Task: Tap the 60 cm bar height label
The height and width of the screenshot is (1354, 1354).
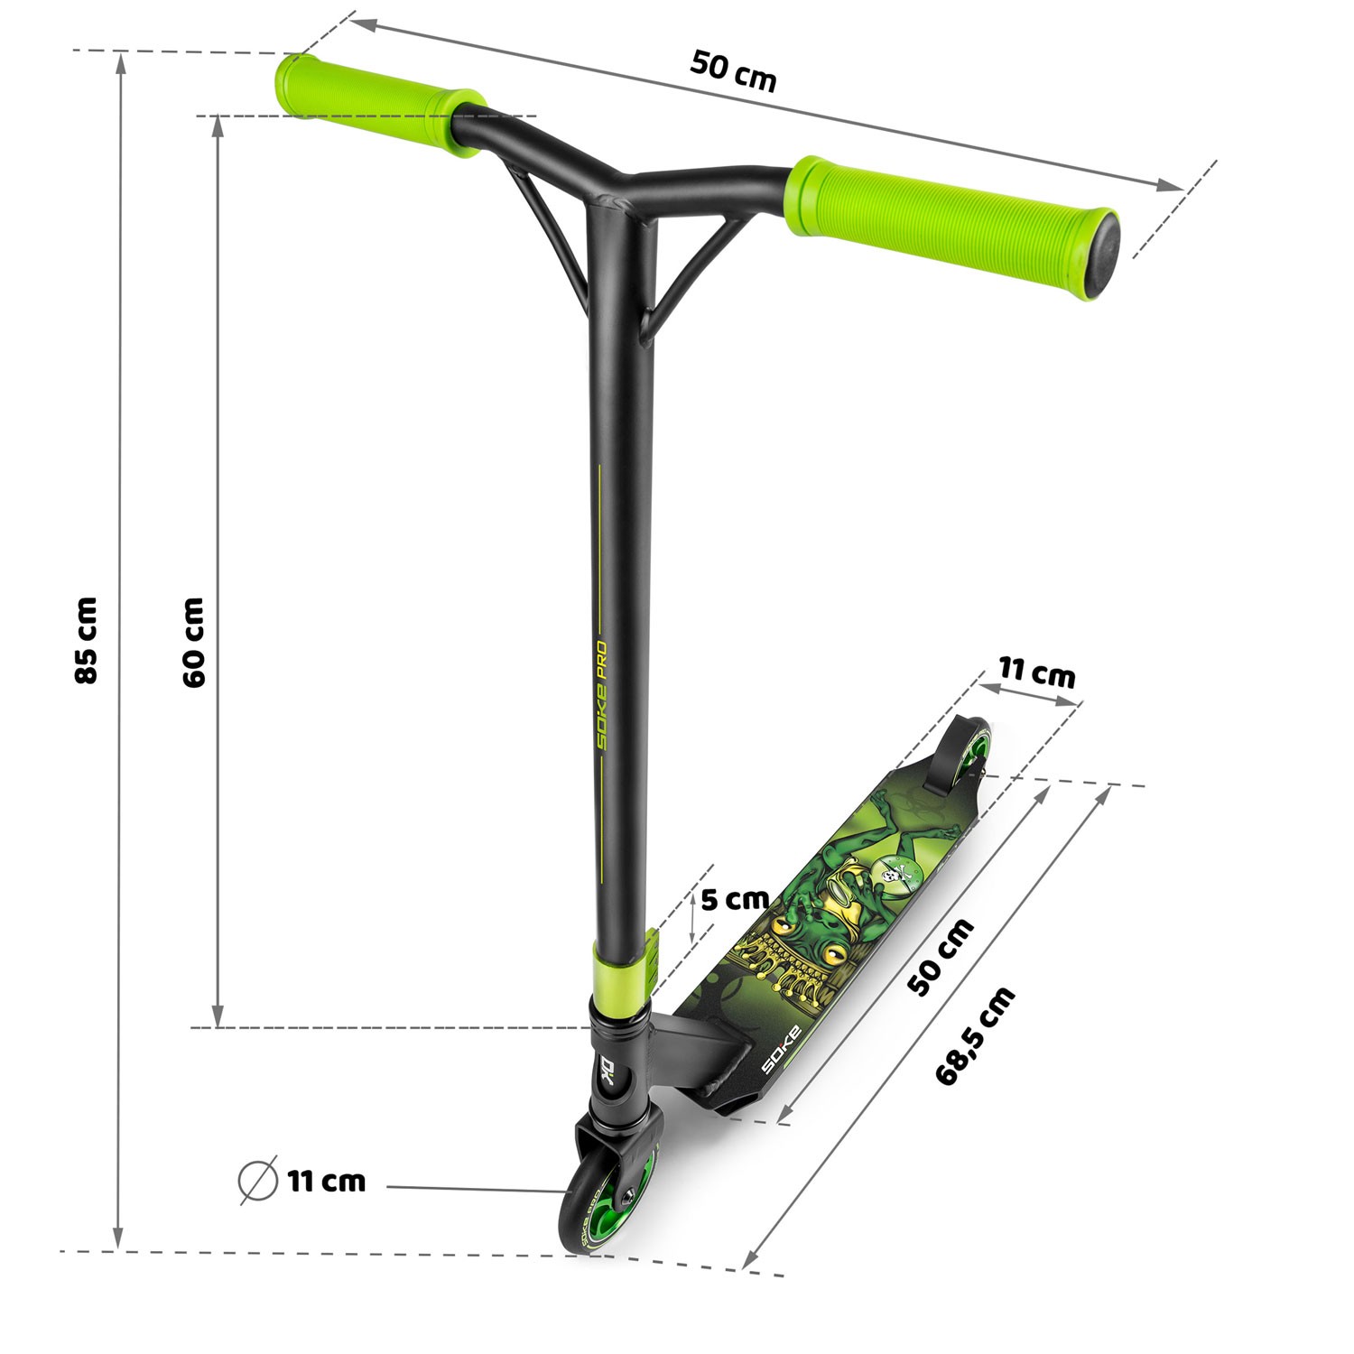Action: (193, 642)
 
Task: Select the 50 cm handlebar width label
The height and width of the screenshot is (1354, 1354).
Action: (734, 71)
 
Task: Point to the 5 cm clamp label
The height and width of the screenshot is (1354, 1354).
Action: (735, 899)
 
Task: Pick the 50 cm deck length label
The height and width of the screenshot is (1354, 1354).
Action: (941, 957)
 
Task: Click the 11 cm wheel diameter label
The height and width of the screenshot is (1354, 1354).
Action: (327, 1181)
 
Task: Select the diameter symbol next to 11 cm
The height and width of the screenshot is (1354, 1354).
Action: (257, 1182)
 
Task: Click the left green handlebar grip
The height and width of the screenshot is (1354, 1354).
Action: (380, 100)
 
